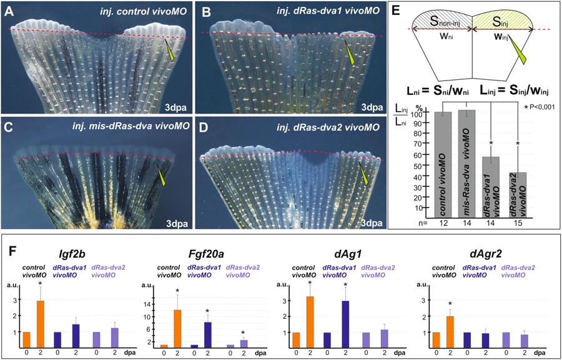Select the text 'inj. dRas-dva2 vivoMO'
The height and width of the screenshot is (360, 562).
click(x=330, y=129)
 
